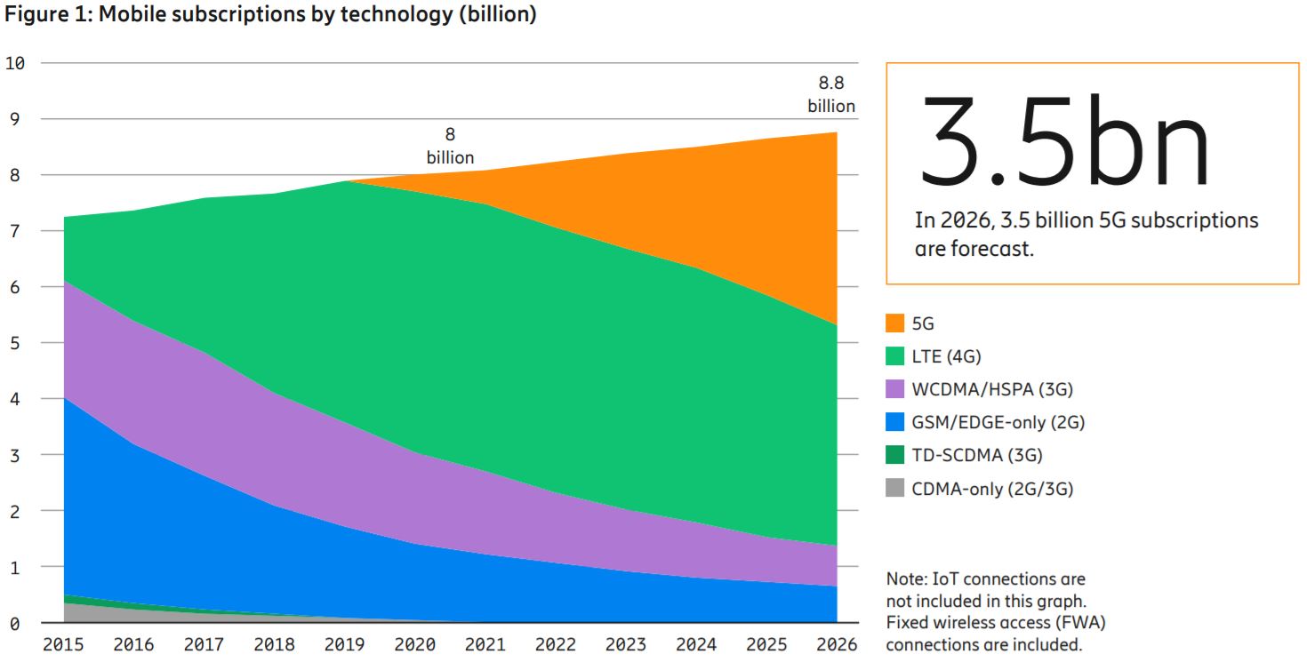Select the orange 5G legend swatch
pos(895,323)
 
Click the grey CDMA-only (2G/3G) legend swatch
pos(895,488)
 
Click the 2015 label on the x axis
pos(63,644)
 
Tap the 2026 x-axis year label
pos(836,644)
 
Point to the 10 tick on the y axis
pos(15,63)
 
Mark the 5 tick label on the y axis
pos(15,343)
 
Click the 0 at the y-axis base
pos(15,624)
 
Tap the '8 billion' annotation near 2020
pos(450,146)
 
